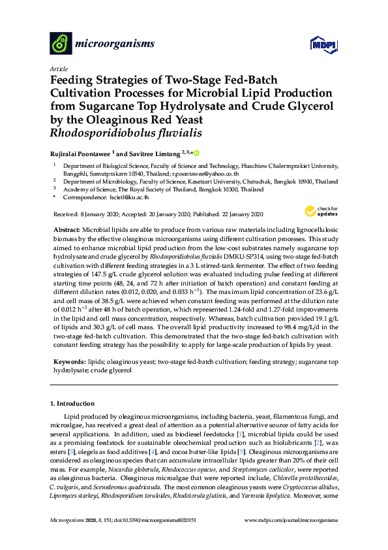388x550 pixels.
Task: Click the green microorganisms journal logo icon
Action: [61, 44]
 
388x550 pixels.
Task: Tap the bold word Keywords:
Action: [68, 361]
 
